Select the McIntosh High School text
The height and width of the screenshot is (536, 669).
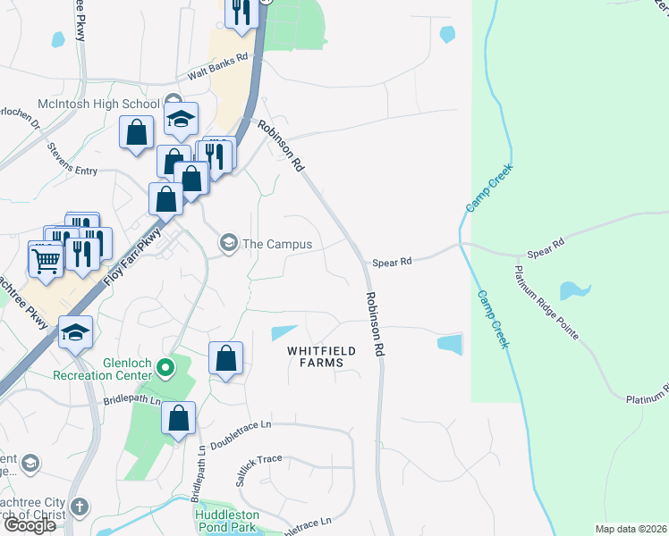[108, 103]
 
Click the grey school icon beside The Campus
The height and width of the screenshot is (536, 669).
[229, 244]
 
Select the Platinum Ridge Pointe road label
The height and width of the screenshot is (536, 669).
[547, 303]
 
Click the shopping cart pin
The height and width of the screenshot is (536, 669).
[45, 260]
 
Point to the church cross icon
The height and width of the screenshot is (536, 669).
[80, 507]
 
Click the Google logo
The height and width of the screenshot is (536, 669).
[30, 525]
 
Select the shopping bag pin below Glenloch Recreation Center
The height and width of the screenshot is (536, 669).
[179, 418]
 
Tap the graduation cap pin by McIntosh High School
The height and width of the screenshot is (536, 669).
[181, 120]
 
